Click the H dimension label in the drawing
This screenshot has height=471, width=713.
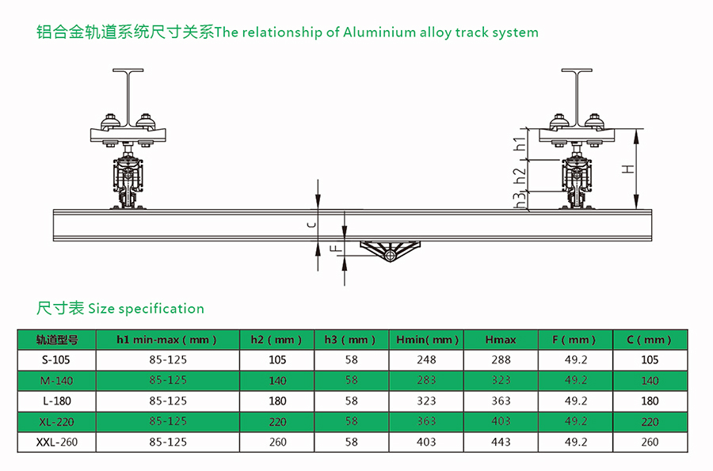coord(627,169)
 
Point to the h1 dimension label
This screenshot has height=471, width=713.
coord(520,145)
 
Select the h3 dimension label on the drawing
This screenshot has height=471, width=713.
coord(520,199)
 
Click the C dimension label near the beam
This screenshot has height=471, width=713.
coord(311,225)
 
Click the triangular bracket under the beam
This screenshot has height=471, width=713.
coord(389,252)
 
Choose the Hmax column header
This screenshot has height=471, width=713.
coord(501,340)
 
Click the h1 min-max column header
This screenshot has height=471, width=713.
coord(167,340)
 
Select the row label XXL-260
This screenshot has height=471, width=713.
coord(56,442)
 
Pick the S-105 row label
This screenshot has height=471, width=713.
coord(56,360)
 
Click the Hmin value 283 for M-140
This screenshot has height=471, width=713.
coord(426,381)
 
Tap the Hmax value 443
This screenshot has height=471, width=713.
coord(501,442)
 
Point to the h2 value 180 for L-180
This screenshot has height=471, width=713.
coord(277,401)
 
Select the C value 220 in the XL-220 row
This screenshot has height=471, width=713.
coord(650,422)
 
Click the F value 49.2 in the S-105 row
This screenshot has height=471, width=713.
coord(576,360)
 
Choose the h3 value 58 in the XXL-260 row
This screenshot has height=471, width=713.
coord(352,442)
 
